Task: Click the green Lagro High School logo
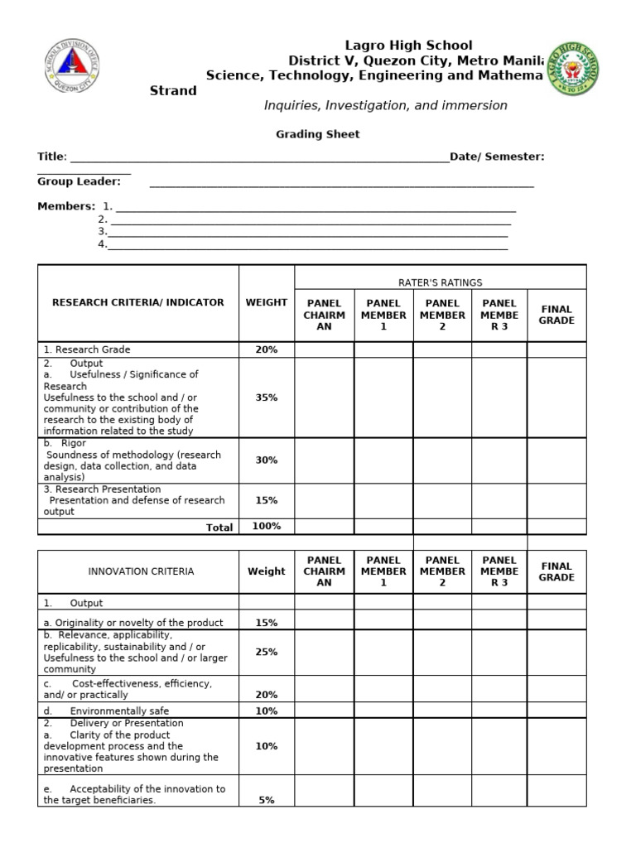pos(573,68)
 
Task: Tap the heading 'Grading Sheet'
pos(317,134)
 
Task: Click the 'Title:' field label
pos(51,157)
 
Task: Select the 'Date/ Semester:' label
pos(497,157)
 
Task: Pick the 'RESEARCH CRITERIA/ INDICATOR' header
pos(138,302)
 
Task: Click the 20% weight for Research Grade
pos(267,349)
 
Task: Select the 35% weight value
pos(267,397)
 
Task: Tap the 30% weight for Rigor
pos(267,460)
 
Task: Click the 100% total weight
pos(267,526)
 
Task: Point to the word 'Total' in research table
pos(219,527)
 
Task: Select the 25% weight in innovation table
pos(267,652)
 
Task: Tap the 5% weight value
pos(267,800)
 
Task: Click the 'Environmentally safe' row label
pos(119,711)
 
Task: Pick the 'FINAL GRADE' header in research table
pos(556,315)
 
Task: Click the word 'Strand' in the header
pos(173,90)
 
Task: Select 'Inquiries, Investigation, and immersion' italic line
pos(385,106)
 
